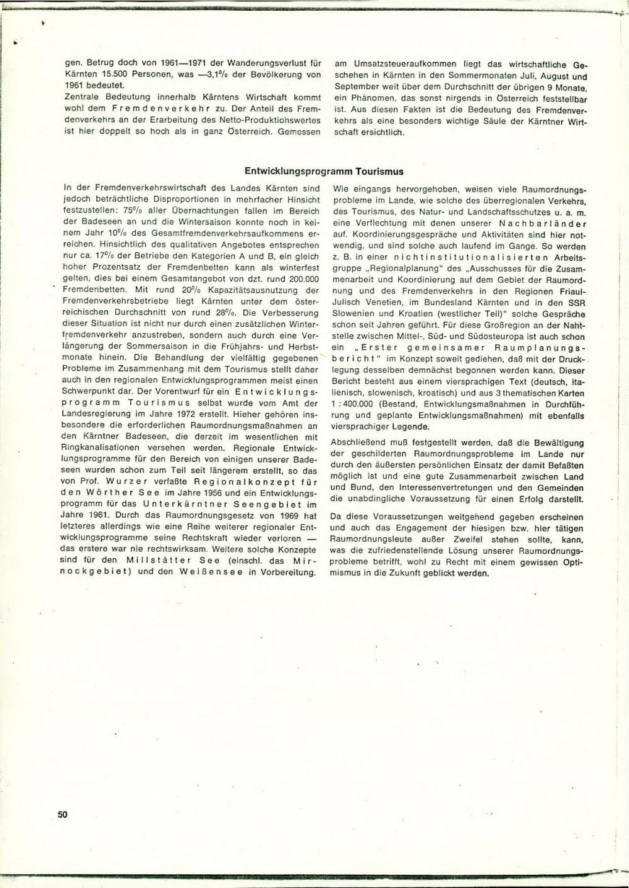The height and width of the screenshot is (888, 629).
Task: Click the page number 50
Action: [x=62, y=814]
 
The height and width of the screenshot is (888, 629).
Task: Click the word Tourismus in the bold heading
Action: [x=379, y=171]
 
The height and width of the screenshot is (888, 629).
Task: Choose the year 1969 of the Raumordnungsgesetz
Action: [x=264, y=515]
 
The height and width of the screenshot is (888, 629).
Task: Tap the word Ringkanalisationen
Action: [x=104, y=449]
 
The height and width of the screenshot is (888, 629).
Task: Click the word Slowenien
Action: [x=355, y=313]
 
